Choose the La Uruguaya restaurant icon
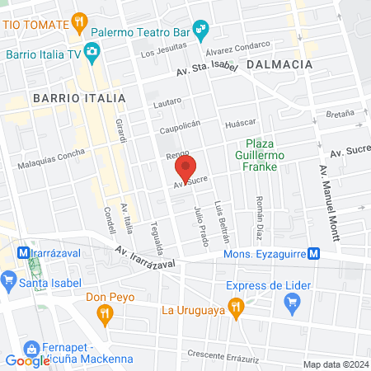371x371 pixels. click(x=237, y=310)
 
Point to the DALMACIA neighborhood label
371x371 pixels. click(x=279, y=63)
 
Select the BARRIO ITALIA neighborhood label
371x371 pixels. click(x=79, y=97)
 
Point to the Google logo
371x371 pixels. click(x=27, y=360)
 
